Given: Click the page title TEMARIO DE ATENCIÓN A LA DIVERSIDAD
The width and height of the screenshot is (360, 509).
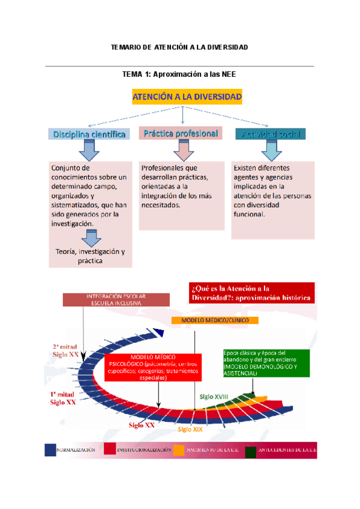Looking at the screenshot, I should [x=179, y=47].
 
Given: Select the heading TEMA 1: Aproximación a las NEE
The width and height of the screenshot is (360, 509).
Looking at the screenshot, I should [x=179, y=74].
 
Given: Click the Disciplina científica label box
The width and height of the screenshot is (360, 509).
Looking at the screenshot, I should [x=89, y=134].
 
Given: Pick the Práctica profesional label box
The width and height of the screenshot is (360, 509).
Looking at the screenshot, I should [x=180, y=133].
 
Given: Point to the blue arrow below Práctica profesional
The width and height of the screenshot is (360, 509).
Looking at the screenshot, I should [x=181, y=149].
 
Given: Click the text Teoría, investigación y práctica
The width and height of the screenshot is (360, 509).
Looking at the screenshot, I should [x=90, y=256].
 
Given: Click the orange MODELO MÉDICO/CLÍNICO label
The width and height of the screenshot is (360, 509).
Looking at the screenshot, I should [x=215, y=321].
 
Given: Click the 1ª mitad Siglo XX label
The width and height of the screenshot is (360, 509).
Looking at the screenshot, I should [x=62, y=398].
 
